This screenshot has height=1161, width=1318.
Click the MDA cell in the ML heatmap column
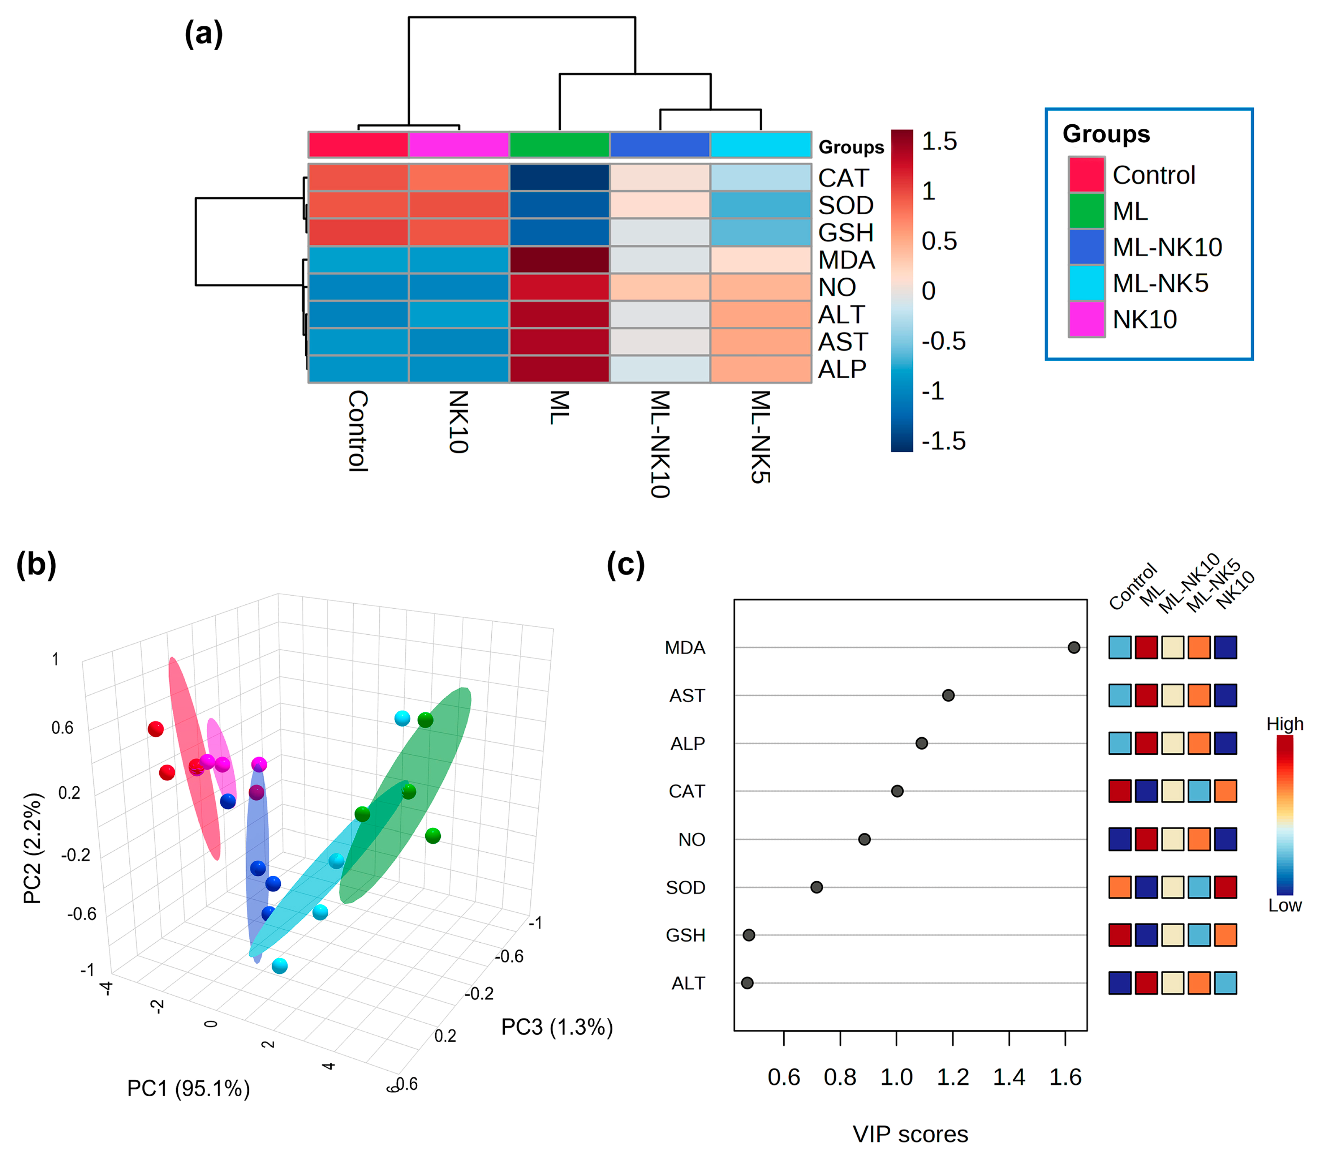(x=559, y=260)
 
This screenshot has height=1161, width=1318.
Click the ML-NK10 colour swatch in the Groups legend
(x=1086, y=247)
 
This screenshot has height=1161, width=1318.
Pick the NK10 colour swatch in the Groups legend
(x=1086, y=319)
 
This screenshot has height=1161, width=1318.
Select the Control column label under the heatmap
(x=358, y=431)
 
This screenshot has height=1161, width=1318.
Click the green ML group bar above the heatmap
(x=559, y=145)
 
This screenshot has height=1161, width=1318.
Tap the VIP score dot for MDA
(x=1074, y=648)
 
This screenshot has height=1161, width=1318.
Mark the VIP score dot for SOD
(x=816, y=887)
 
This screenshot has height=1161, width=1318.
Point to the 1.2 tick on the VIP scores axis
(x=952, y=1077)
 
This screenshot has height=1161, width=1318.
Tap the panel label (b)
(x=36, y=564)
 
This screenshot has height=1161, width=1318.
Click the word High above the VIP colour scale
(x=1284, y=724)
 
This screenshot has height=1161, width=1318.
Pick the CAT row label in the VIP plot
(x=687, y=792)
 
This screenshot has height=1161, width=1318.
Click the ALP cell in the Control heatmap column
(x=358, y=369)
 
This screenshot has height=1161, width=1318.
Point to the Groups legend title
(x=1106, y=134)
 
